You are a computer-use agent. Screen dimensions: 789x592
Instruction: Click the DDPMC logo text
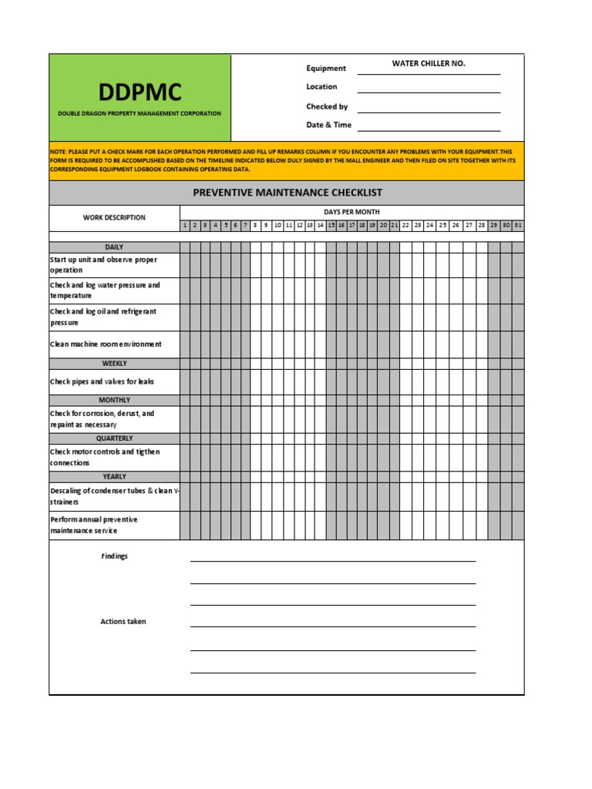tap(140, 92)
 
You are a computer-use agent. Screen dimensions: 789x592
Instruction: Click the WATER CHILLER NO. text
tap(428, 63)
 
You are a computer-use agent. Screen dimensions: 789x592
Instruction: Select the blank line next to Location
tap(429, 88)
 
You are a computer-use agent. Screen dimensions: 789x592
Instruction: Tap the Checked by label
tap(327, 106)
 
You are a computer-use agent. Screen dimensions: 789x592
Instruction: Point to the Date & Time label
tap(328, 125)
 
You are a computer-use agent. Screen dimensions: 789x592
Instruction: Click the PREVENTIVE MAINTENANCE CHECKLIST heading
tap(287, 193)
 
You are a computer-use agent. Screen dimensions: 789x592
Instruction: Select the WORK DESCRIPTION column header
tap(114, 217)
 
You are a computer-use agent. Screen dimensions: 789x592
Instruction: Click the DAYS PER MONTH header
tap(351, 212)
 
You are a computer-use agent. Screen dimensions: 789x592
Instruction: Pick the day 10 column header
tap(277, 226)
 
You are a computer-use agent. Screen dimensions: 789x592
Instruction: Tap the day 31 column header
tap(518, 226)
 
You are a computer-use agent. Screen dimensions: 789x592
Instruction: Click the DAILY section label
tap(114, 247)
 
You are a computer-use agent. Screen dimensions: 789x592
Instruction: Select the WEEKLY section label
tap(114, 363)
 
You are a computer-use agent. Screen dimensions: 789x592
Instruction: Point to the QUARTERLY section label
tap(114, 438)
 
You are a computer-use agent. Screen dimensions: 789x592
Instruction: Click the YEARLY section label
tap(114, 476)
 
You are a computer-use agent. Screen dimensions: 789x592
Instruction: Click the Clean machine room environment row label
tap(106, 344)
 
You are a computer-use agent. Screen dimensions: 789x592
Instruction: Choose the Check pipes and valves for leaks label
tap(102, 381)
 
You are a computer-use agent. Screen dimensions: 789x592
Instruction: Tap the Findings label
tap(114, 556)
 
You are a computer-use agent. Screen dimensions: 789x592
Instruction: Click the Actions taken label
tap(123, 621)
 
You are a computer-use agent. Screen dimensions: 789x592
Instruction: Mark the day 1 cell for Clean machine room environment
tap(185, 344)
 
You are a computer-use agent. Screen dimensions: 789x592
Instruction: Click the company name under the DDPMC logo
tap(140, 113)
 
